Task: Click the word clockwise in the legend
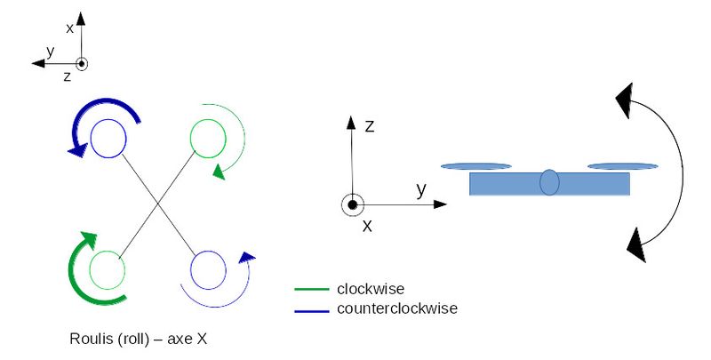371,289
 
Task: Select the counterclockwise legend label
396,308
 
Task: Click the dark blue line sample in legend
312,309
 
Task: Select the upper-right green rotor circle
210,138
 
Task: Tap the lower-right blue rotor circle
210,269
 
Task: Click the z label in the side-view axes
369,126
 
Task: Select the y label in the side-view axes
421,188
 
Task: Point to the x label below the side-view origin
366,226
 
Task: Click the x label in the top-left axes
69,28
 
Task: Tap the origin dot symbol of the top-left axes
82,64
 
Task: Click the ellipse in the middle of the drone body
549,181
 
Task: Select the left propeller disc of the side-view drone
475,165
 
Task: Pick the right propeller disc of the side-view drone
622,165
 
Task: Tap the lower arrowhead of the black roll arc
636,243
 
